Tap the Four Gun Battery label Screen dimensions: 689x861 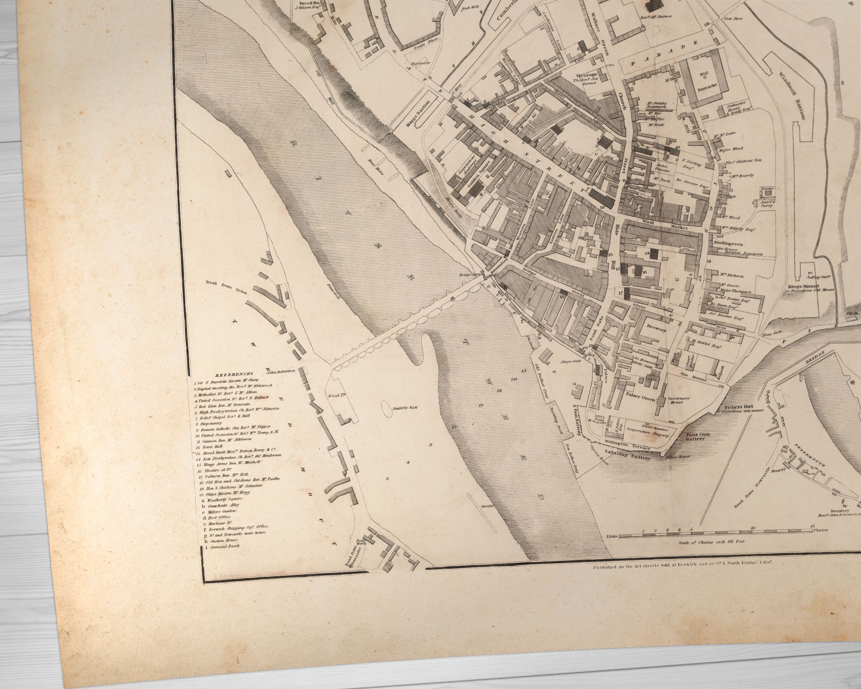tap(693, 436)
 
